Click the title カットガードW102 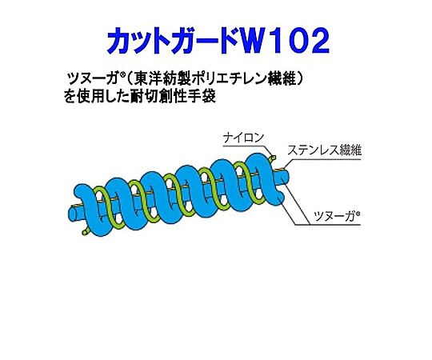218,42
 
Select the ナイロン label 243,138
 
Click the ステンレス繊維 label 324,150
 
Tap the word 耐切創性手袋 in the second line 173,97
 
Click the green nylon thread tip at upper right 274,158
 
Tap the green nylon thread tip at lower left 84,233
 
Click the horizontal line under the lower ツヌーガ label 328,225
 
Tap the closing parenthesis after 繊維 301,80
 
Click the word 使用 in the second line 90,97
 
